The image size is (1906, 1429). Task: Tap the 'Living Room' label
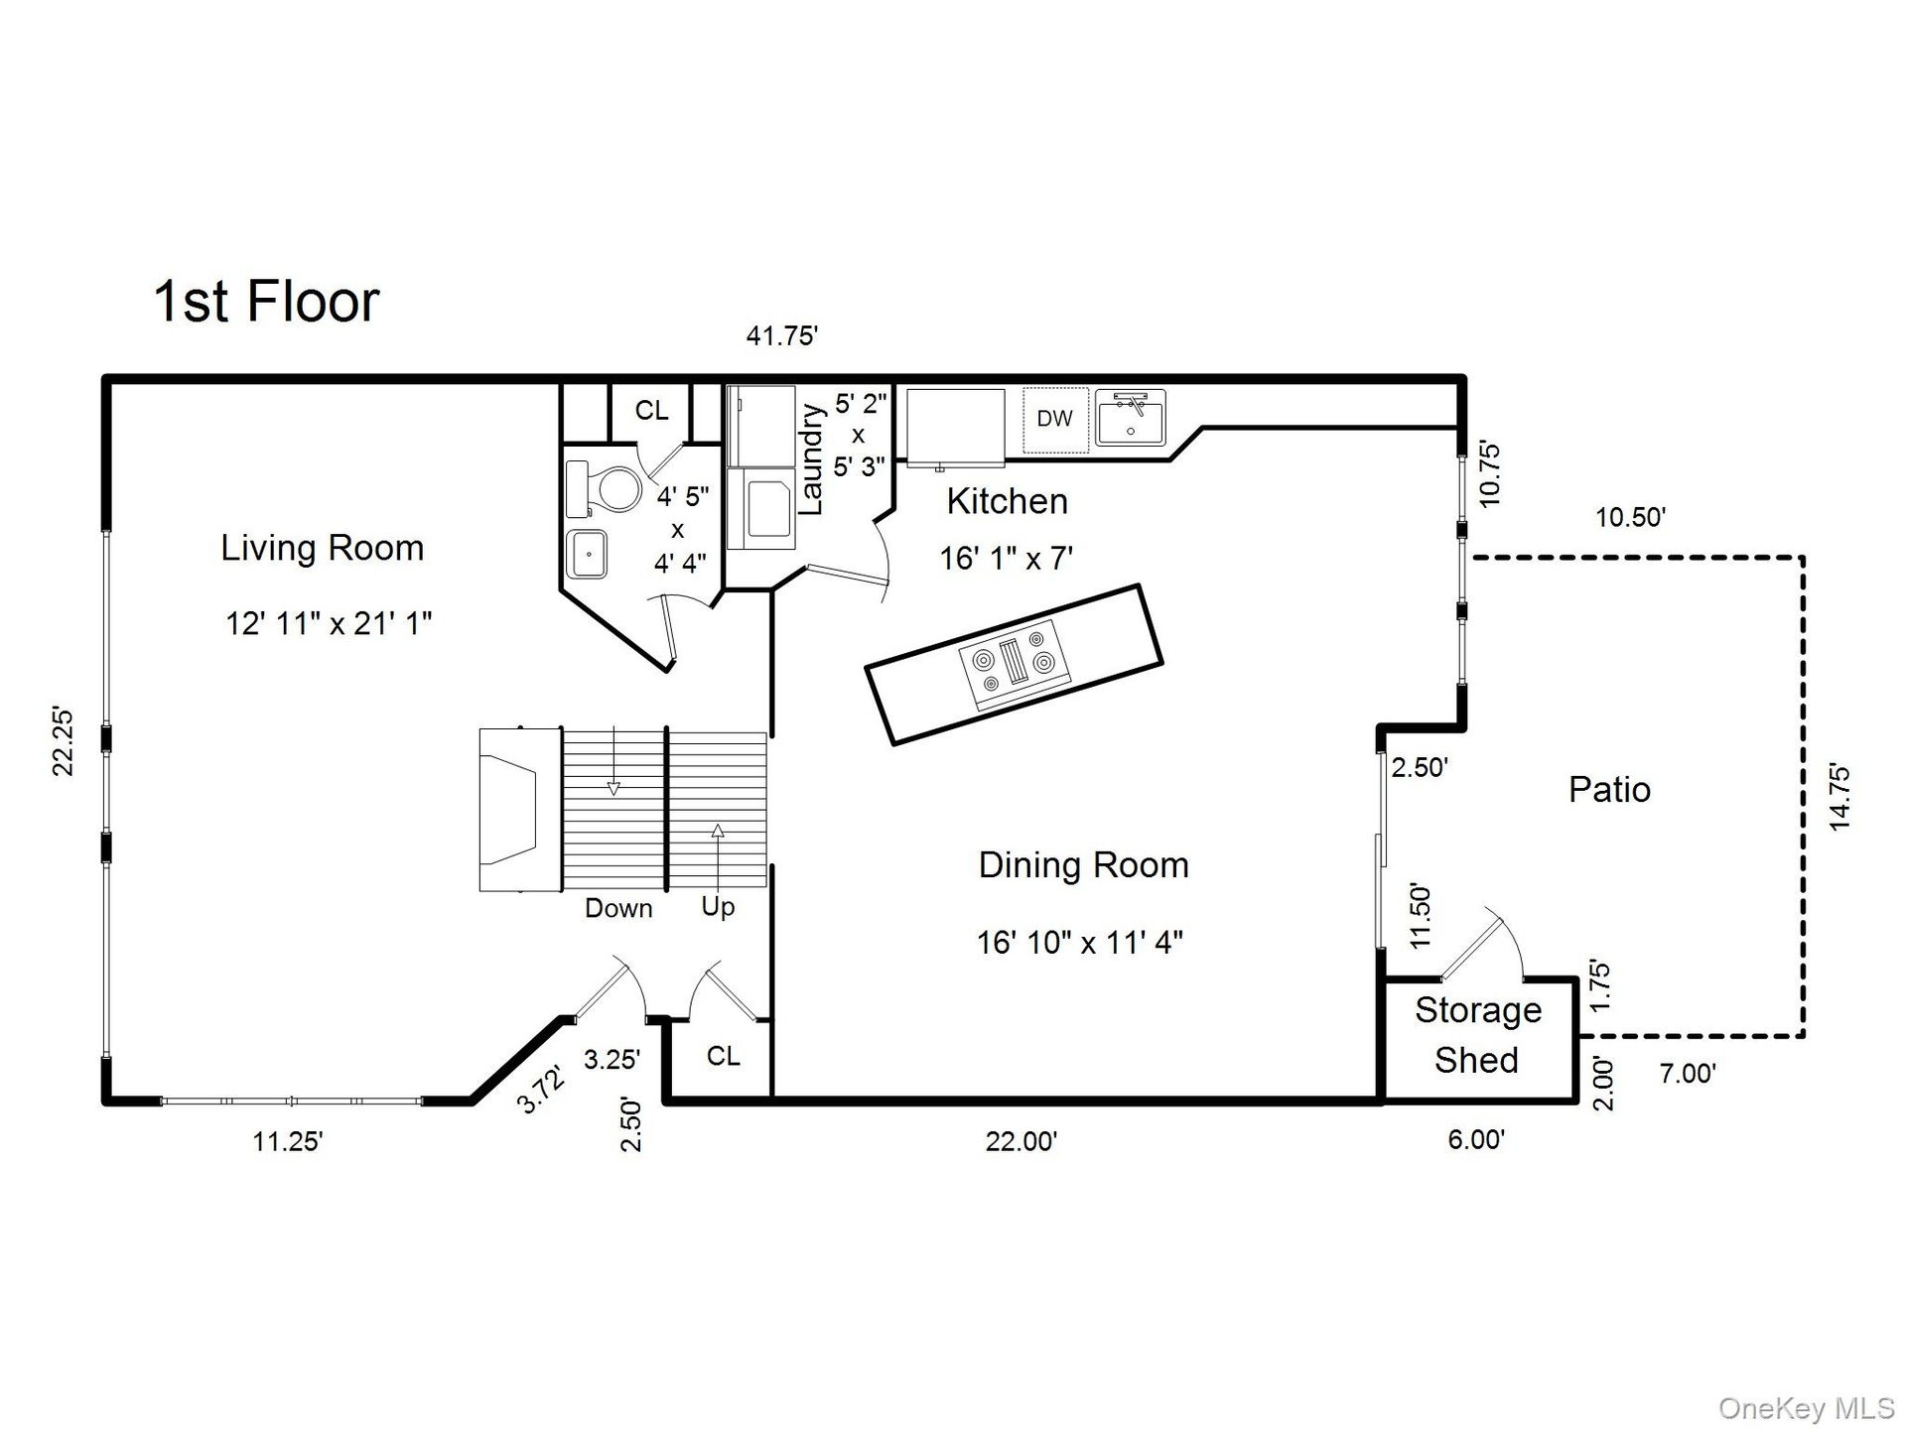pyautogui.click(x=323, y=548)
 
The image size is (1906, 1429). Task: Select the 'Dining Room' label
pyautogui.click(x=1083, y=864)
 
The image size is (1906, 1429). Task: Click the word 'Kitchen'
pyautogui.click(x=1007, y=501)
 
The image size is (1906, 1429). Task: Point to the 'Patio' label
pyautogui.click(x=1609, y=790)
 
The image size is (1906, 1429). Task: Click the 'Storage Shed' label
pyautogui.click(x=1477, y=1035)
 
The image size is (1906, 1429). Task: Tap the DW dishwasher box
pyautogui.click(x=1055, y=420)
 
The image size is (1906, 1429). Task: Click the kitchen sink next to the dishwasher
pyautogui.click(x=1131, y=418)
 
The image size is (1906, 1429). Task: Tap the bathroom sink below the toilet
pyautogui.click(x=587, y=554)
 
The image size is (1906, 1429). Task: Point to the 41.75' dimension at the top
pyautogui.click(x=781, y=336)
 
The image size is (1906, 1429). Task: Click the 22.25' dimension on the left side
pyautogui.click(x=63, y=741)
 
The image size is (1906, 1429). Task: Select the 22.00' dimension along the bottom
pyautogui.click(x=1021, y=1141)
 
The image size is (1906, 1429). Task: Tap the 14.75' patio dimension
pyautogui.click(x=1838, y=797)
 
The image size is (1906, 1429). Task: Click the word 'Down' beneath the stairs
pyautogui.click(x=618, y=908)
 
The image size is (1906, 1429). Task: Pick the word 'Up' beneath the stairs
pyautogui.click(x=718, y=907)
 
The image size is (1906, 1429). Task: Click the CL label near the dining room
pyautogui.click(x=724, y=1056)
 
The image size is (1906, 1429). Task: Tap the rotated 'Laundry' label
pyautogui.click(x=811, y=459)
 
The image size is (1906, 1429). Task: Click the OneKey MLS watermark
pyautogui.click(x=1807, y=1408)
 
